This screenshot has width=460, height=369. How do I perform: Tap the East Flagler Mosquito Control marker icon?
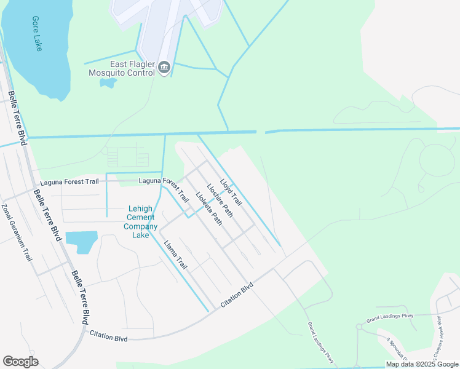tap(164, 68)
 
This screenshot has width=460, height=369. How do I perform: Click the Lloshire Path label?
tap(220, 200)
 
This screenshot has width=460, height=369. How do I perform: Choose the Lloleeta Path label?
tap(208, 209)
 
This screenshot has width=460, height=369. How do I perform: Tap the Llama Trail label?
tap(175, 255)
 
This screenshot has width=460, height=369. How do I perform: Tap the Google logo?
tap(20, 362)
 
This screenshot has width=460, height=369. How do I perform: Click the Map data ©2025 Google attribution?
tap(422, 364)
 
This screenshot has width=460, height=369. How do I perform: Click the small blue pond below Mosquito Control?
tap(108, 82)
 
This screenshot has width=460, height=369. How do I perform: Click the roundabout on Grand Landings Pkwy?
tap(359, 327)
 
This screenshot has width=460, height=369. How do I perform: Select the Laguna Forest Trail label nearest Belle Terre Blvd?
tap(69, 182)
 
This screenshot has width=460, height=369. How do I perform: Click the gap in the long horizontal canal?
tap(261, 131)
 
